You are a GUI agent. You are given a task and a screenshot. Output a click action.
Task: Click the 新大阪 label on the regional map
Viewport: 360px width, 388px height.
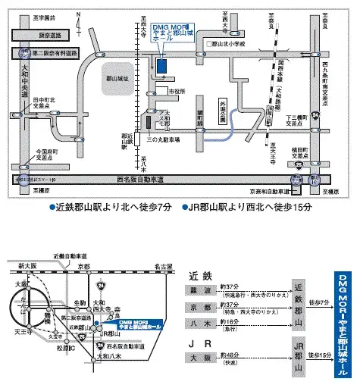pyautogui.click(x=27, y=266)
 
